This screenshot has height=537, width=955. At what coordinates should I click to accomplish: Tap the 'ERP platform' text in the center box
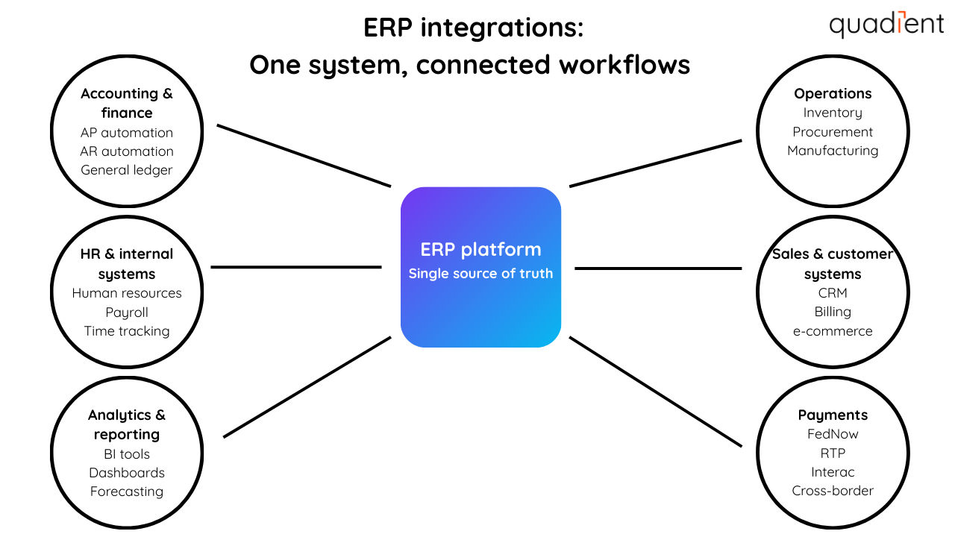480,249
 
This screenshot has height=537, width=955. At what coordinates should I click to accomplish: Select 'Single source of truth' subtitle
480,274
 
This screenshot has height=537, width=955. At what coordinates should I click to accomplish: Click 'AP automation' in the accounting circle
127,133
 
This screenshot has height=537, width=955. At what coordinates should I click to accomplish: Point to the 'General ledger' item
127,170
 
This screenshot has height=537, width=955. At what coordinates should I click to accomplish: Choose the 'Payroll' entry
127,313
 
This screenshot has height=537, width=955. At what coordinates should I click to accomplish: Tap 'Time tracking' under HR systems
127,331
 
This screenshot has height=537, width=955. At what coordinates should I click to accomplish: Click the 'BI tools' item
127,454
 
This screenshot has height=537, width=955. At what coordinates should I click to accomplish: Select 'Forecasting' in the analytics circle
127,492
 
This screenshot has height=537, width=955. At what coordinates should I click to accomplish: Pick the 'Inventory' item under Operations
833,113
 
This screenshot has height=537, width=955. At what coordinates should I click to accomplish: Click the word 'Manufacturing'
833,151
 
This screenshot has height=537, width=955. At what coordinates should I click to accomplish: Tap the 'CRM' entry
833,293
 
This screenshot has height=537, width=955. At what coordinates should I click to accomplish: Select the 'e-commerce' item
833,331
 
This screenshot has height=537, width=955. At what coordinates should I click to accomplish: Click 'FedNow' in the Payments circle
833,434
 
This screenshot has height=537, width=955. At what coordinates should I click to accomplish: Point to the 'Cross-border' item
833,491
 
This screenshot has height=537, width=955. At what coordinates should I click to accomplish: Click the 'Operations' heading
833,94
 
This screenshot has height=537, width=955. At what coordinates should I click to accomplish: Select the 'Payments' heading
833,415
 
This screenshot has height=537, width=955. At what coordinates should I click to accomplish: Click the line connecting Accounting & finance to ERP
304,155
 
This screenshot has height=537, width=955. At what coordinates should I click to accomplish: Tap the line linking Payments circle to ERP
656,392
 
